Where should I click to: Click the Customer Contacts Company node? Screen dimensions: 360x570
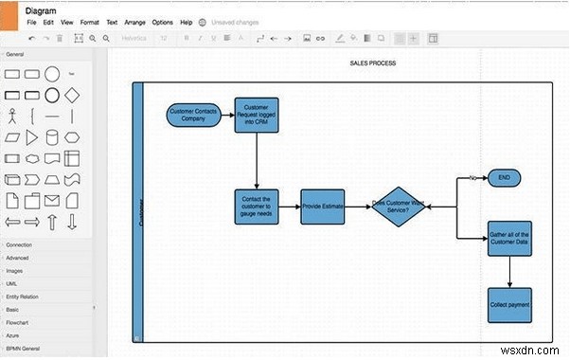[194, 116]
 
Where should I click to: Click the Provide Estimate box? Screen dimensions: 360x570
[323, 207]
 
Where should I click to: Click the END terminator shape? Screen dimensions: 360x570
[504, 177]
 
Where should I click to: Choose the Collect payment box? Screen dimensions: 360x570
[509, 304]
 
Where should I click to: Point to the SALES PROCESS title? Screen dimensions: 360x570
[371, 63]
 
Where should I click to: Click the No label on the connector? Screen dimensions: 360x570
[472, 177]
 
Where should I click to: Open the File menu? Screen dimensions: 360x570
[32, 21]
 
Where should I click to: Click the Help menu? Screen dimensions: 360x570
[186, 21]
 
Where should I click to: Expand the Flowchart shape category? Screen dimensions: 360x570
[20, 321]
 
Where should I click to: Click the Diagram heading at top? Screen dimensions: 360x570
[42, 9]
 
